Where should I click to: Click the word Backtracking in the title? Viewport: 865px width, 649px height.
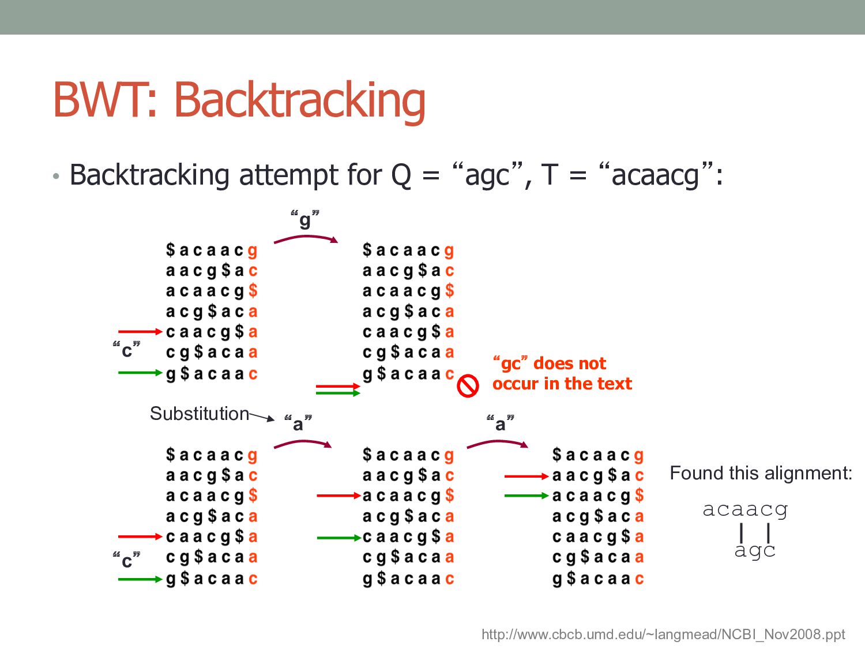point(300,100)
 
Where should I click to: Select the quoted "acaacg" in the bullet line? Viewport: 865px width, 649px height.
point(657,174)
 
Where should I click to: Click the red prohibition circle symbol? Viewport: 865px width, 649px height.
point(468,385)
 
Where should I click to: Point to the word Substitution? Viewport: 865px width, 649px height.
point(199,414)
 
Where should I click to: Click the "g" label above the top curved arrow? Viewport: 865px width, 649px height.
point(305,220)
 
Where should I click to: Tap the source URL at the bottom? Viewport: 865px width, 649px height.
point(663,635)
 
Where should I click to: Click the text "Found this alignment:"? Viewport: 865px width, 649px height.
point(761,473)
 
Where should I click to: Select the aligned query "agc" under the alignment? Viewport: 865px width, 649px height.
point(755,550)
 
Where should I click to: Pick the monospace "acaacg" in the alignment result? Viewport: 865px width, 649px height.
point(745,509)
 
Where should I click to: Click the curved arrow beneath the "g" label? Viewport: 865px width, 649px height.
point(306,238)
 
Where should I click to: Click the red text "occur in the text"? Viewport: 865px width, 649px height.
point(562,384)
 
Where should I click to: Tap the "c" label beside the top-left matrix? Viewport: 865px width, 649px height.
point(127,350)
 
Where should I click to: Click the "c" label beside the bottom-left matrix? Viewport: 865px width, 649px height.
point(127,560)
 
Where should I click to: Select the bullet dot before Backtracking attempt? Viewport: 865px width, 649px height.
point(55,176)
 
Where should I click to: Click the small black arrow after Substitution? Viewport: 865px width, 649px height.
point(262,416)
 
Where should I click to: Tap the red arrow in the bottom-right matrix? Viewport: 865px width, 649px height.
point(526,477)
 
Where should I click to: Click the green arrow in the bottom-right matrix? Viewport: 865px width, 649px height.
point(526,496)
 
